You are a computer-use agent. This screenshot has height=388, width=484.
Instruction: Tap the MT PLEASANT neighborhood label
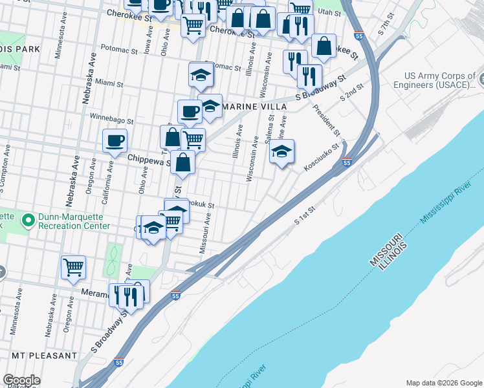[x=43, y=356]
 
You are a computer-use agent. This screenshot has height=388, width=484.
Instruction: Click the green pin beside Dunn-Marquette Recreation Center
[x=28, y=221]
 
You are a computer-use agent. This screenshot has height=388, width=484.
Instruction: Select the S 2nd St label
[x=352, y=94]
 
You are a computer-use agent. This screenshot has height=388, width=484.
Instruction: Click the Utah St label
[x=329, y=12]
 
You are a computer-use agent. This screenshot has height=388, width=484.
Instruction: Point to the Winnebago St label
[x=111, y=120]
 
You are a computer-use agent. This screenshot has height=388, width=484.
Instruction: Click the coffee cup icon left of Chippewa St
[x=115, y=140]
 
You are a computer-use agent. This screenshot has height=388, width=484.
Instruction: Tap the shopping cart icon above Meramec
[x=73, y=266]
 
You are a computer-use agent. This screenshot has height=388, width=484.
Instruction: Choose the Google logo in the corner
[x=21, y=380]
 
